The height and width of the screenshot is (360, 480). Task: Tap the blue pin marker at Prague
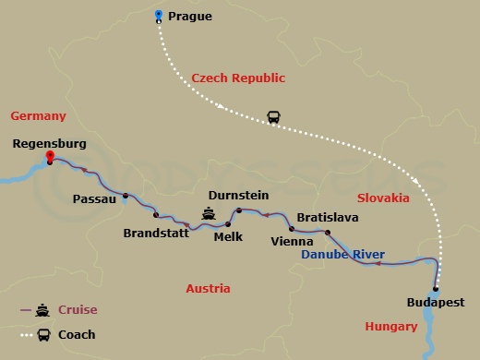click(x=159, y=15)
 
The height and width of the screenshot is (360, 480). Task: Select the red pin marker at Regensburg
click(x=49, y=158)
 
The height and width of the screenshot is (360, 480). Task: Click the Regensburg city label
click(x=52, y=143)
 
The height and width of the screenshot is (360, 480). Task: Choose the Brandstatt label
click(x=156, y=233)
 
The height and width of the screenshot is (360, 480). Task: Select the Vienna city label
click(x=294, y=242)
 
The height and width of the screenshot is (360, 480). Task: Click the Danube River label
click(x=343, y=254)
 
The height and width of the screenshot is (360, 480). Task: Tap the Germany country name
click(x=38, y=115)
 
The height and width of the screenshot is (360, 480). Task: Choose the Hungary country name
click(x=391, y=326)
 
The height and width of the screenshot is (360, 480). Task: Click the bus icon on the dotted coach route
click(x=274, y=117)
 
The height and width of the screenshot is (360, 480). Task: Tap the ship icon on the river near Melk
click(x=210, y=213)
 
